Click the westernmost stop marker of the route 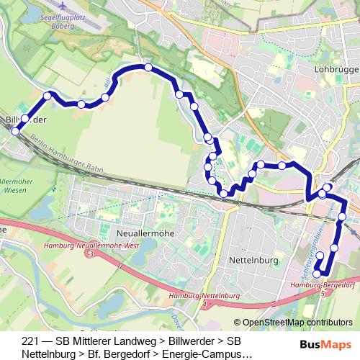click(15, 130)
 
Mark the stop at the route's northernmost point click(148, 67)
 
